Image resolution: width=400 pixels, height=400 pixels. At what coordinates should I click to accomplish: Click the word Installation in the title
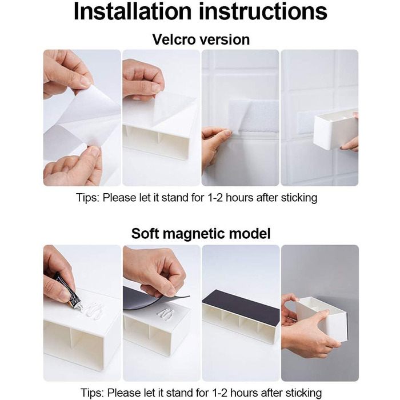[x=133, y=11]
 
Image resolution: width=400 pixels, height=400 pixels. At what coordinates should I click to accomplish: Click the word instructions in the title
[x=263, y=11]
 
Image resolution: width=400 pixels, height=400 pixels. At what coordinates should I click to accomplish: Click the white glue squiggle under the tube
[x=93, y=310]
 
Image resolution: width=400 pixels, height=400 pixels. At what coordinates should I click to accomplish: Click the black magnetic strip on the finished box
[x=241, y=307]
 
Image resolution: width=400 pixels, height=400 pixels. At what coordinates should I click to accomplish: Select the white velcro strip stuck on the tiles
[x=253, y=117]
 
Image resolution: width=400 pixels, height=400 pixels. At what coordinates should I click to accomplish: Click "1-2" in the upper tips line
[x=215, y=198]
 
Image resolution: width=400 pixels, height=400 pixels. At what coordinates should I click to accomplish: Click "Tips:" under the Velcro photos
[x=88, y=198]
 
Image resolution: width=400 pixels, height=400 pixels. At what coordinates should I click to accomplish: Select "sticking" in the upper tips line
[x=299, y=198]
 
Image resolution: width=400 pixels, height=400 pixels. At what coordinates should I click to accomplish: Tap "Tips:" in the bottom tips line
[x=93, y=393]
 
